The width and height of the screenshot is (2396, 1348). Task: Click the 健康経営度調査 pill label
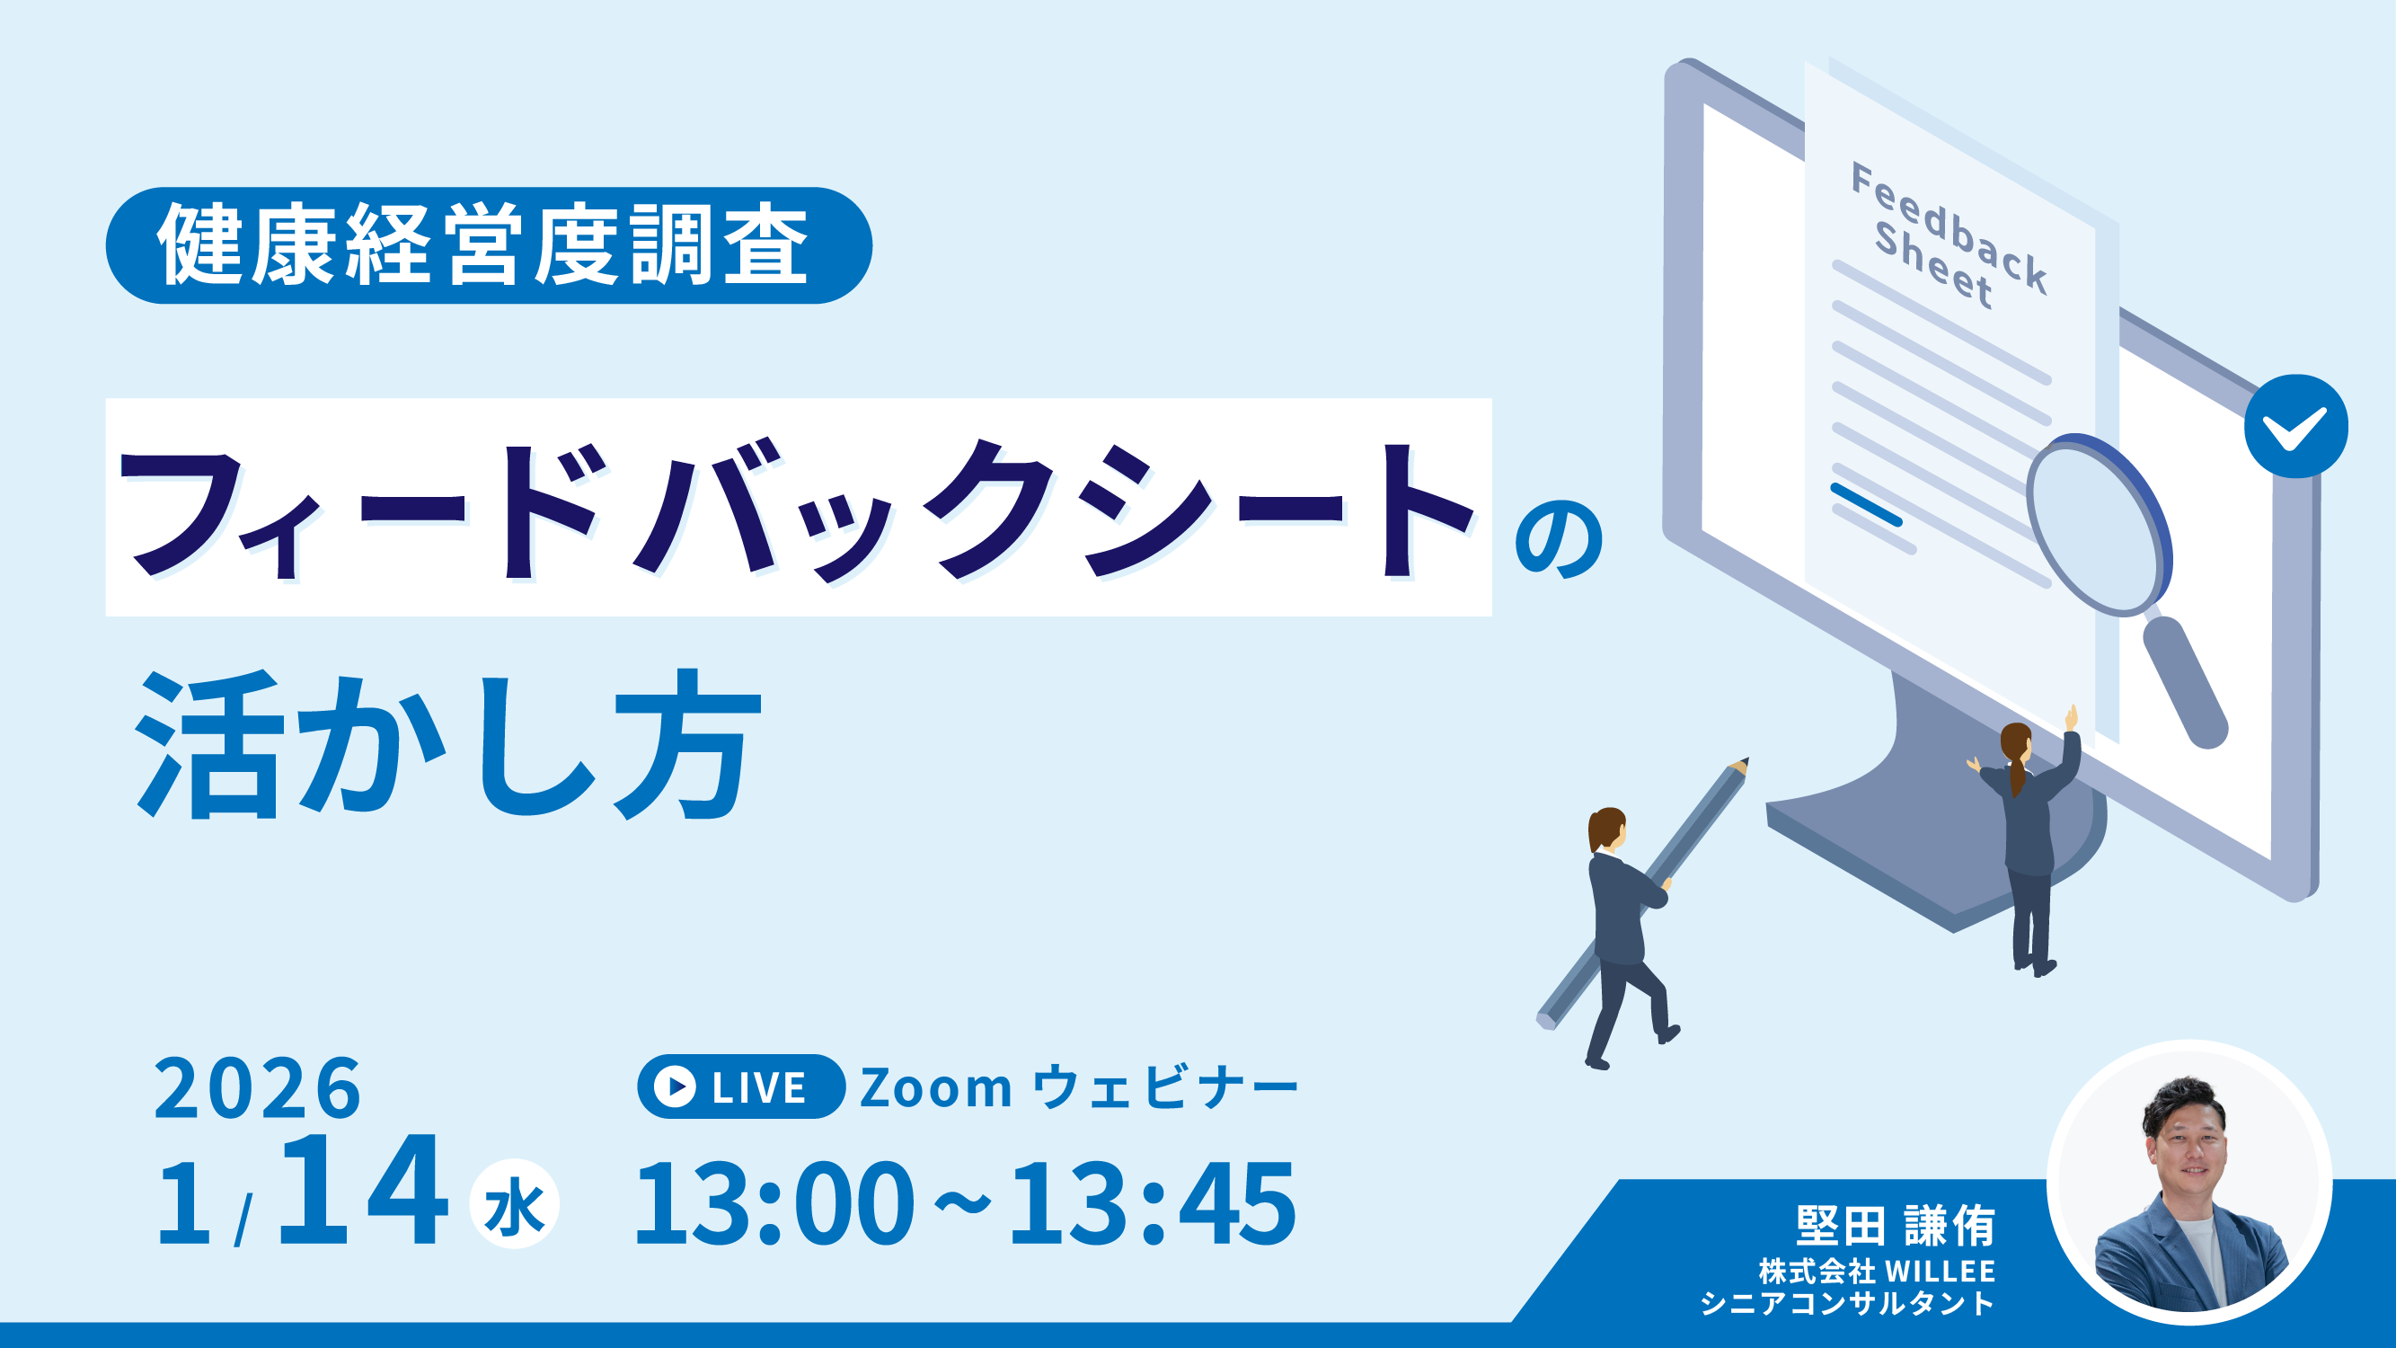pyautogui.click(x=490, y=245)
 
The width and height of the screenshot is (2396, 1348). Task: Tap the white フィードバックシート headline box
pyautogui.click(x=798, y=507)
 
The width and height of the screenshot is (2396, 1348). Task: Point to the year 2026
pyautogui.click(x=258, y=1087)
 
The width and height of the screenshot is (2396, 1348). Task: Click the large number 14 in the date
pyautogui.click(x=363, y=1190)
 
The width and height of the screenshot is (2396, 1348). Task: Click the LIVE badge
pyautogui.click(x=741, y=1086)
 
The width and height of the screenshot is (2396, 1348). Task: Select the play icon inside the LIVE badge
pyautogui.click(x=675, y=1086)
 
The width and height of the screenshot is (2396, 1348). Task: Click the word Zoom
pyautogui.click(x=936, y=1087)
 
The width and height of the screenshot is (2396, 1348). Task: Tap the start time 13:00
pyautogui.click(x=774, y=1204)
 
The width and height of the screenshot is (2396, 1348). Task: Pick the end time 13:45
pyautogui.click(x=1154, y=1204)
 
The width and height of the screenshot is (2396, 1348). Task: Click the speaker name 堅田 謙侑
pyautogui.click(x=1896, y=1226)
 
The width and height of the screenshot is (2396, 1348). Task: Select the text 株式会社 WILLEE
pyautogui.click(x=1877, y=1271)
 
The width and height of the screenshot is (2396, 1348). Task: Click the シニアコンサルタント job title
pyautogui.click(x=1848, y=1303)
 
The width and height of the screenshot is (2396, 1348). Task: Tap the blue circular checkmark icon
pyautogui.click(x=2296, y=426)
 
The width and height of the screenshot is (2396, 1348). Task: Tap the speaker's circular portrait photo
pyautogui.click(x=2189, y=1183)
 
